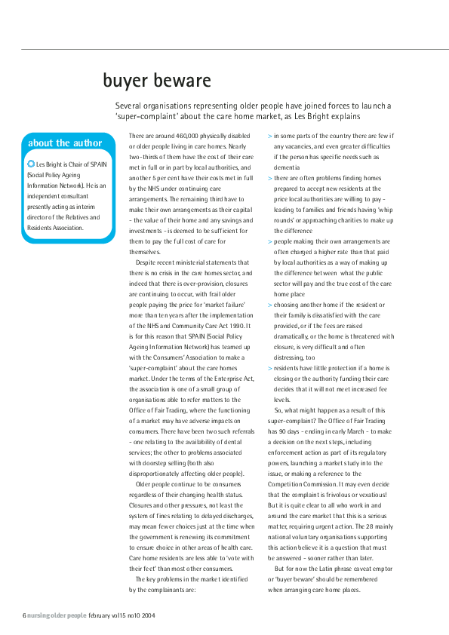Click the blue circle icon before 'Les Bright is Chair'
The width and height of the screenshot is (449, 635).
click(30, 163)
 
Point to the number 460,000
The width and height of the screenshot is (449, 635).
click(192, 136)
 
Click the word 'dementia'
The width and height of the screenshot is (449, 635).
click(288, 167)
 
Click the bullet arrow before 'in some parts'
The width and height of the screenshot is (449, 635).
click(270, 136)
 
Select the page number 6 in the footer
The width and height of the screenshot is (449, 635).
click(23, 615)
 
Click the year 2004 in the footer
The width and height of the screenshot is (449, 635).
click(149, 615)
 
